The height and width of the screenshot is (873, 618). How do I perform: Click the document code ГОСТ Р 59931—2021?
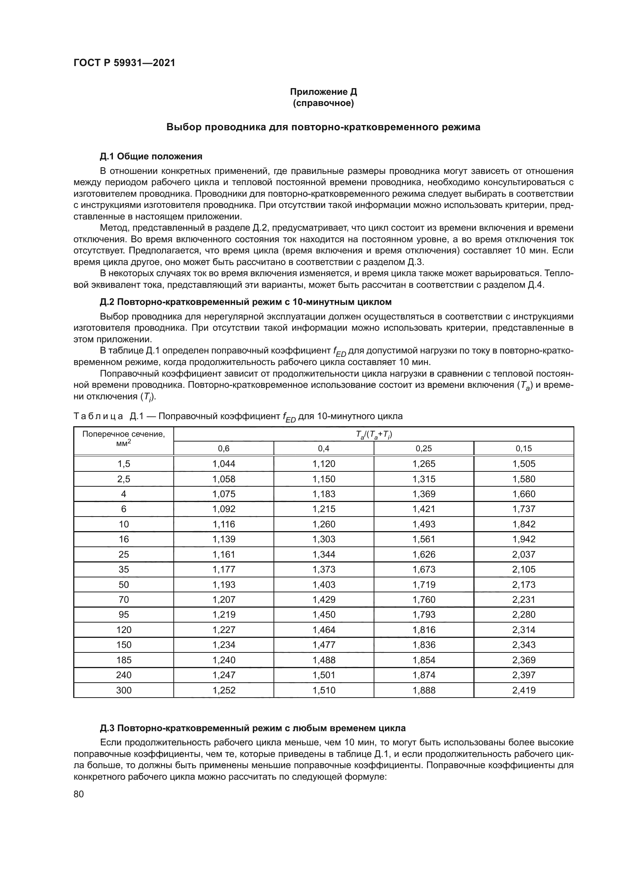[124, 63]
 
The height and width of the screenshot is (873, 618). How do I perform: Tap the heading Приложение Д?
[323, 92]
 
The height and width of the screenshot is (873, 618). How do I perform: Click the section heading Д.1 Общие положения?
[151, 156]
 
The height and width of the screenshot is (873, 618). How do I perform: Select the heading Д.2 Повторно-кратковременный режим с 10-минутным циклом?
[245, 302]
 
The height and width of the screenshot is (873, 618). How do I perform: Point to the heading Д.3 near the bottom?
[253, 728]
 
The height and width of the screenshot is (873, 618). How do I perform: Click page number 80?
[79, 794]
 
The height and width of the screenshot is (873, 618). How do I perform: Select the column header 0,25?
[424, 448]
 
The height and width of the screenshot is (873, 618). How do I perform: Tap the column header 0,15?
[523, 448]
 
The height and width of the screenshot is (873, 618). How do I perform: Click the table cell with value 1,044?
[224, 464]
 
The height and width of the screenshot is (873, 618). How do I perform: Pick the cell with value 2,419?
[523, 690]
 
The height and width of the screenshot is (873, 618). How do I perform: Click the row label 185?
[124, 660]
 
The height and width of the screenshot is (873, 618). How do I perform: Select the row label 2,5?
[124, 479]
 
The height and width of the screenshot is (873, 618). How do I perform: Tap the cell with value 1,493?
[424, 524]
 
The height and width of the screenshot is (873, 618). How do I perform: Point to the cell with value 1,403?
[324, 584]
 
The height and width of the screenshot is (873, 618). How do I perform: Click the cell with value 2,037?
[523, 554]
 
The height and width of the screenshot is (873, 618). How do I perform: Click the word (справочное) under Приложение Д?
[323, 103]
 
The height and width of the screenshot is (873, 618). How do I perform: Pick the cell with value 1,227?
[224, 630]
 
